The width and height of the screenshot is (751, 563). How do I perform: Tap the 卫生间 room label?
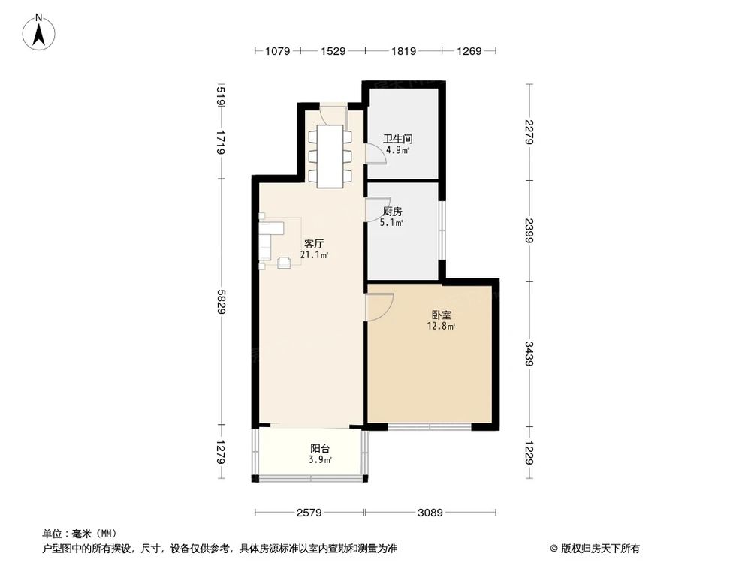[397, 139]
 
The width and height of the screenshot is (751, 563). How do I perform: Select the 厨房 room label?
[392, 212]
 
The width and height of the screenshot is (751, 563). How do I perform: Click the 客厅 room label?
[313, 244]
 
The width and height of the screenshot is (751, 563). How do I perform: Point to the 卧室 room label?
[441, 315]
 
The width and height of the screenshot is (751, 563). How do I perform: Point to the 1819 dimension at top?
[403, 51]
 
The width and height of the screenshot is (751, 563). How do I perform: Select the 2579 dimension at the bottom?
[309, 513]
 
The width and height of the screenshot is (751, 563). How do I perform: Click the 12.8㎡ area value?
[441, 326]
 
